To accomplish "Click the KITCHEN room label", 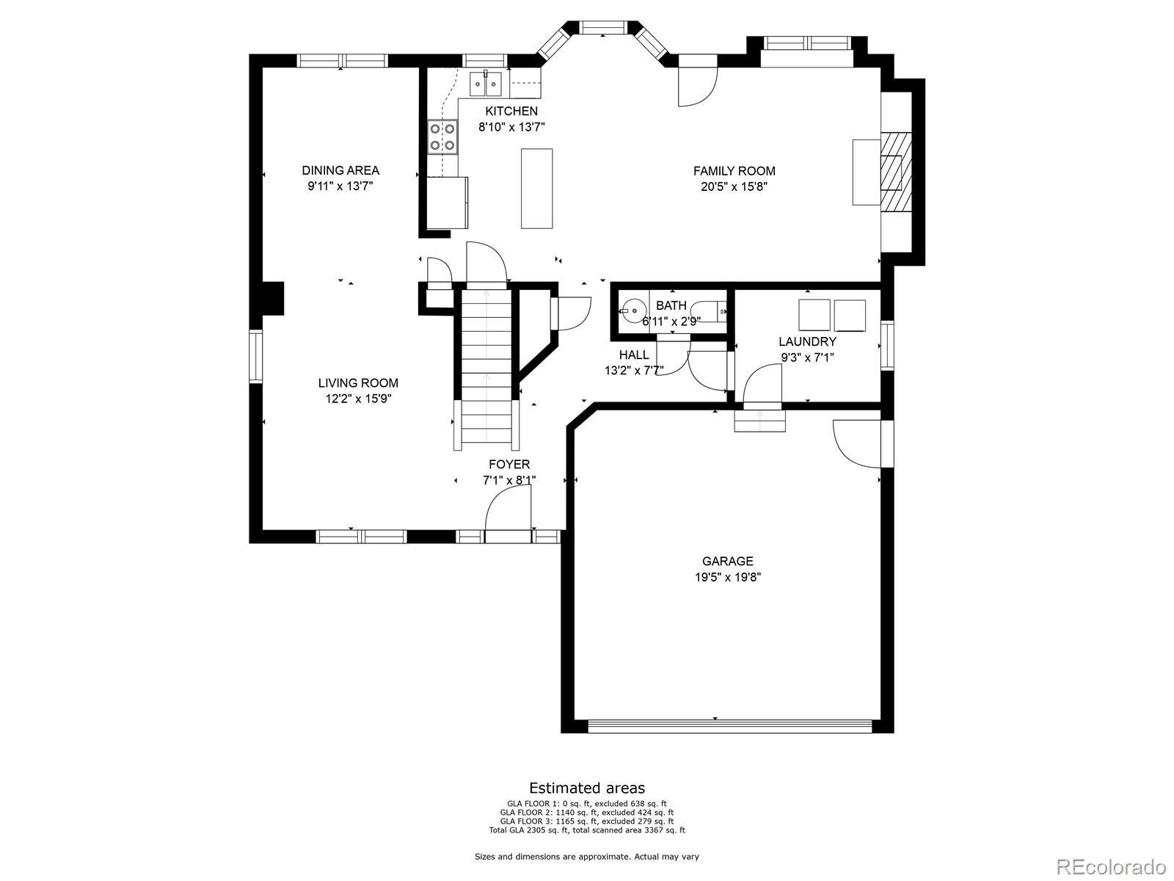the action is pos(511,112).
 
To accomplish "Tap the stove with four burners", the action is pos(442,137).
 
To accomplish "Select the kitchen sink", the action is pos(486,84).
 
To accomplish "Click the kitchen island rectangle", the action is pos(536,189).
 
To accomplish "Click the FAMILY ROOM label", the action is pos(734,171).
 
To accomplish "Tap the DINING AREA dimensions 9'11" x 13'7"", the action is pos(340,186).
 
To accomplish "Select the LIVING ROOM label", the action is pos(358,383).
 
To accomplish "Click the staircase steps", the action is pos(486,369).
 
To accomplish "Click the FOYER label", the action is pos(509,464).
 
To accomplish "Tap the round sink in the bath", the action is pos(634,311).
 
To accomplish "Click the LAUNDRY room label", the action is pos(807,342).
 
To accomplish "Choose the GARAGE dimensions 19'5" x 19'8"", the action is pos(727,577).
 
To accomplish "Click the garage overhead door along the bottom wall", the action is pos(730,725).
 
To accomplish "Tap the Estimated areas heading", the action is pos(587,788).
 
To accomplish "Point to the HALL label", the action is pos(634,355).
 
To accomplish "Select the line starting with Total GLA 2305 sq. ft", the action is pos(587,830).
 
